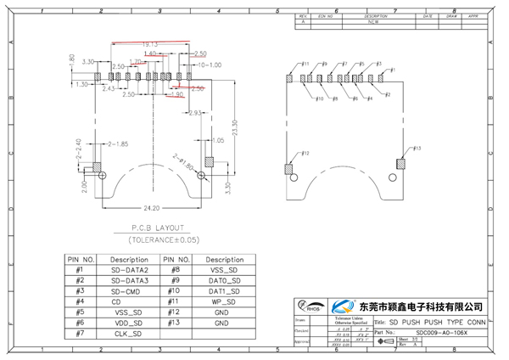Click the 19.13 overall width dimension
point(150,44)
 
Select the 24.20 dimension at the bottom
point(153,206)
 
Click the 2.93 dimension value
point(193,113)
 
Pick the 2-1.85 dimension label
point(115,143)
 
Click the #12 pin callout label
point(306,153)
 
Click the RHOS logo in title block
point(310,307)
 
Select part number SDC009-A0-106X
point(441,333)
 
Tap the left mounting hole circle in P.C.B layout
point(102,177)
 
